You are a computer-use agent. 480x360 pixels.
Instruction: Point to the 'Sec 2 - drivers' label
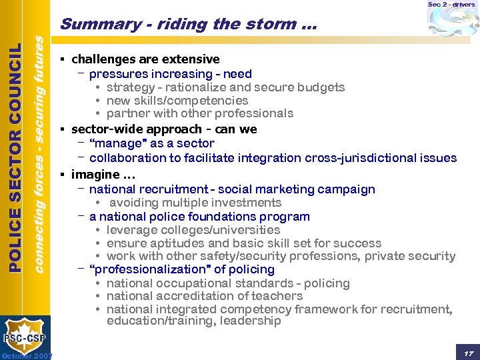[451, 5]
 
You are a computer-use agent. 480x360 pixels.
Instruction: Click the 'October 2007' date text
[27, 355]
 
